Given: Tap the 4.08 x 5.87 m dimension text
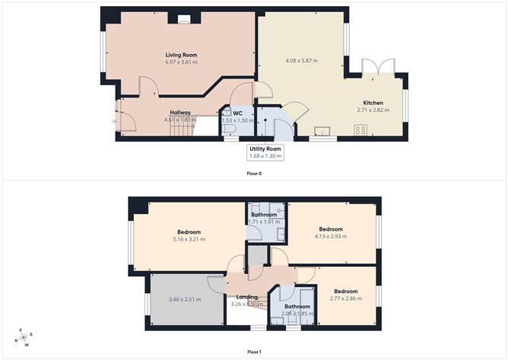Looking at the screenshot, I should coord(302,61).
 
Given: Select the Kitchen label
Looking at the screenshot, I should coord(373,103).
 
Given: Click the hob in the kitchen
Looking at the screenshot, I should coord(360,130).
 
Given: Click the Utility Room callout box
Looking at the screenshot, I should coord(265,152).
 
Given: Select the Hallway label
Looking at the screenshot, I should coord(180,113).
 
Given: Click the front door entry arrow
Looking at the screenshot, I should coord(113,121).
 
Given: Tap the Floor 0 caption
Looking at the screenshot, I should coord(254,174).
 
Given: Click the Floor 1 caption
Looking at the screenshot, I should coord(254,352).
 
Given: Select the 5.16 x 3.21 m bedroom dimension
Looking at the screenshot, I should coord(189,239).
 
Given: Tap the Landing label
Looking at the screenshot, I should coord(247,298).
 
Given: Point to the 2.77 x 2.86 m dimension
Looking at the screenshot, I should coord(346,298).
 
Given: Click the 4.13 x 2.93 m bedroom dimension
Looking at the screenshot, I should coord(330,236).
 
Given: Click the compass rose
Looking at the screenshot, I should coord(26,337).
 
